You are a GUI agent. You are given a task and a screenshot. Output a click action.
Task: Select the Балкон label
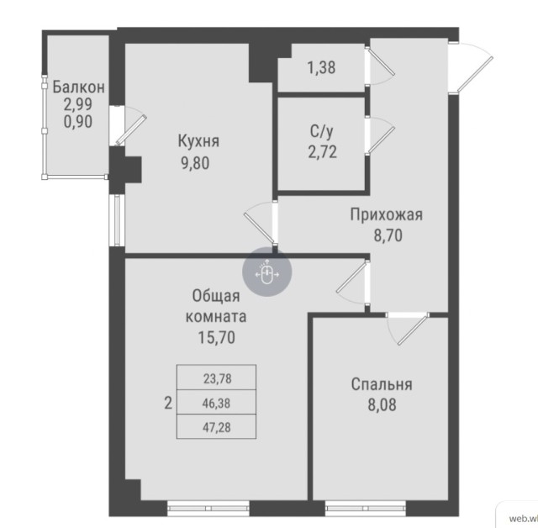78,86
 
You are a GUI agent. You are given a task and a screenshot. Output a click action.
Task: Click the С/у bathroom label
321,131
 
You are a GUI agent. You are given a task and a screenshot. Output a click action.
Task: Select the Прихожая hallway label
386,215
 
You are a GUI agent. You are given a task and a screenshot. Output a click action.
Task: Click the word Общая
216,296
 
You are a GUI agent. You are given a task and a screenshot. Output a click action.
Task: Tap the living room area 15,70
216,338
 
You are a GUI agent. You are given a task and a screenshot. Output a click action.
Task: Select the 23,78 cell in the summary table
216,378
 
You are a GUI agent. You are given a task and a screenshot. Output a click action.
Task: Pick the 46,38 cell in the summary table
216,403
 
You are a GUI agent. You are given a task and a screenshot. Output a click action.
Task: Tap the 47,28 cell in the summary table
216,426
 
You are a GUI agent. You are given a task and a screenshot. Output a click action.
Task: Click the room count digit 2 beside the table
168,403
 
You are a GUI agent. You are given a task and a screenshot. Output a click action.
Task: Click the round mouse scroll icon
267,274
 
